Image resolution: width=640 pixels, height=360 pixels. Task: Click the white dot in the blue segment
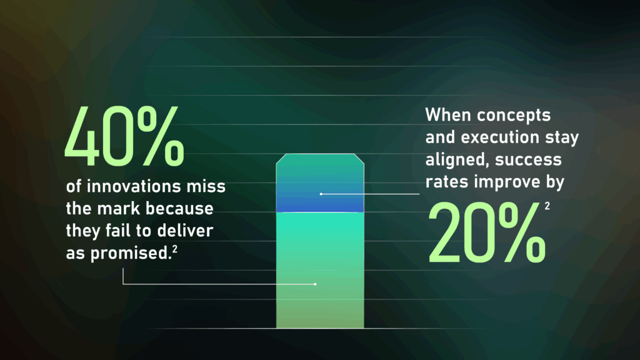[321, 194]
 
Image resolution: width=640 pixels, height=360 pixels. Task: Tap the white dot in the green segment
[316, 284]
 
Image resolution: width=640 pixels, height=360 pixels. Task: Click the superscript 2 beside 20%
[547, 205]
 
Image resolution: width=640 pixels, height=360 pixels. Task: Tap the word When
[448, 116]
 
